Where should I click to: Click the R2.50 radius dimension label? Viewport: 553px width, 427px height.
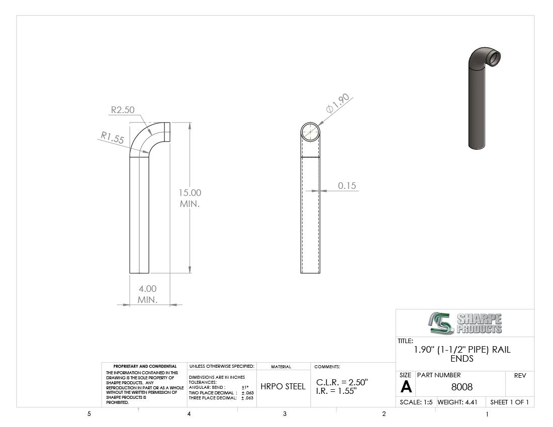point(123,110)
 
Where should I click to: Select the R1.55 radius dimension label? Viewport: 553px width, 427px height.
point(113,138)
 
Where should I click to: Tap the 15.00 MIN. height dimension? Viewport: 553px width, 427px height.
point(190,198)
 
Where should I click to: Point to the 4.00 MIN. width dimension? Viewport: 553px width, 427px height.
point(147,294)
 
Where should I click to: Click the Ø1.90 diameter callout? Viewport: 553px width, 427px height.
point(337,103)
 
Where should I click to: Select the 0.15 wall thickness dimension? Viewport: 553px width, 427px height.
point(347,186)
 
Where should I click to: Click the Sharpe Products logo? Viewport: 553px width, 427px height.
point(465,323)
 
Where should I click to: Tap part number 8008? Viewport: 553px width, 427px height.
point(462,387)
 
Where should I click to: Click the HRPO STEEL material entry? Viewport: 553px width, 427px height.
point(283,386)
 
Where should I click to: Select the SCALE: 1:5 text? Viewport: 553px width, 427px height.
point(416,402)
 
